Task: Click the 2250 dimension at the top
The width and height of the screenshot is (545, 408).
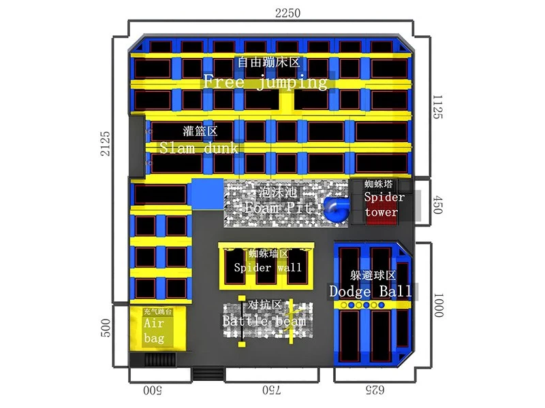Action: click(x=287, y=13)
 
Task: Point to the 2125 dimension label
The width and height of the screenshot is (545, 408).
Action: click(x=105, y=143)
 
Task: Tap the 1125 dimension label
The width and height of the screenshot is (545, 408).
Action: click(x=437, y=107)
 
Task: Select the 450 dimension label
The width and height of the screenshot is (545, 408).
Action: click(x=437, y=205)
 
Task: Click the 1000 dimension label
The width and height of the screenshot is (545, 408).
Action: click(x=438, y=305)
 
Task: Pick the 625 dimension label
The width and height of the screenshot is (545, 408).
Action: click(x=375, y=390)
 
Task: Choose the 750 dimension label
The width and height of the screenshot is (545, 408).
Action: click(x=271, y=390)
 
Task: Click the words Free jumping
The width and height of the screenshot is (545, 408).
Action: click(x=265, y=82)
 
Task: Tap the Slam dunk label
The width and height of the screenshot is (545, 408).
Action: click(x=199, y=148)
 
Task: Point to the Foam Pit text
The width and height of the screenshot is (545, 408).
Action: click(x=278, y=207)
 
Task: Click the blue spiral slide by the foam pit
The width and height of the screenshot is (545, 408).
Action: click(x=336, y=209)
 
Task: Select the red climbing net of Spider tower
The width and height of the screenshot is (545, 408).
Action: click(x=381, y=215)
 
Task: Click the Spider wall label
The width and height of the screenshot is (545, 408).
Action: click(x=268, y=267)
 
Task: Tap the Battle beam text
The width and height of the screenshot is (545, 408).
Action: click(x=264, y=320)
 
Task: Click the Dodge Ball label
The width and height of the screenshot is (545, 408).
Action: click(x=371, y=291)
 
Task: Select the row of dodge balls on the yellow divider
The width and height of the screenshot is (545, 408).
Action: click(x=362, y=305)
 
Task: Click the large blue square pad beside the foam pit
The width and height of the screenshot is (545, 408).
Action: click(x=208, y=194)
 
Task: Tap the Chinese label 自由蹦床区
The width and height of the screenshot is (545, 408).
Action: click(x=268, y=63)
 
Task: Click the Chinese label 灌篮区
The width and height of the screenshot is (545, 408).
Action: click(x=200, y=131)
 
